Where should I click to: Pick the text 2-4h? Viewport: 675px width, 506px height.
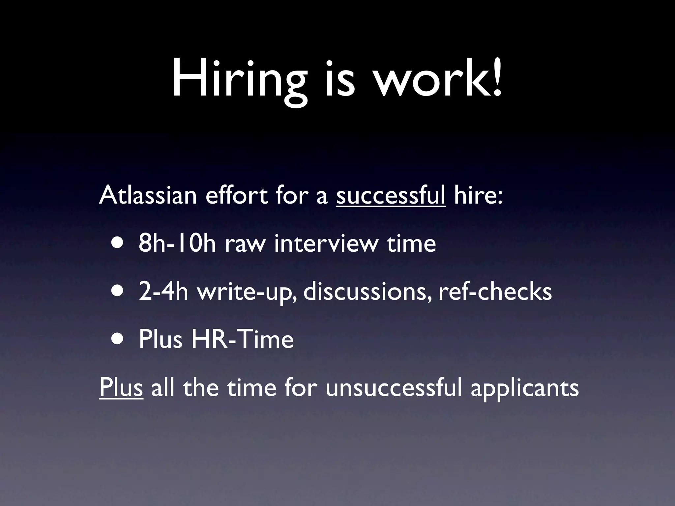(163, 291)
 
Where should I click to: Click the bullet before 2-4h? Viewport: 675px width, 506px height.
(118, 291)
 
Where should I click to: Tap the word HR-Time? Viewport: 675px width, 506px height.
(242, 339)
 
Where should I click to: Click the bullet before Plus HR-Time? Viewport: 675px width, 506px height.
(118, 339)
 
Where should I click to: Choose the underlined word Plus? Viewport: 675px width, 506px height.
(121, 387)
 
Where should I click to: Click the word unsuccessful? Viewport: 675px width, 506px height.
(394, 387)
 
